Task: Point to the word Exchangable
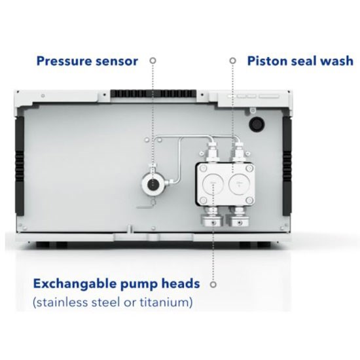coord(75,284)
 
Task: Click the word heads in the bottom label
coord(181,283)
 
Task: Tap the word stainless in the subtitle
coord(61,302)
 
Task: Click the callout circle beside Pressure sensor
coord(153,61)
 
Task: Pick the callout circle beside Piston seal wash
coord(233,61)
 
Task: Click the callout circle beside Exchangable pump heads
coord(213,285)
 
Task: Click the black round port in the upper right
coord(257,124)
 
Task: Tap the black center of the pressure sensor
coord(154,184)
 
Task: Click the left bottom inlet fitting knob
coord(212,220)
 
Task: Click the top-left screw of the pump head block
coord(203,168)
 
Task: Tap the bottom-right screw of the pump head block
coord(249,201)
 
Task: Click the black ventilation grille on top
coord(153,94)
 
